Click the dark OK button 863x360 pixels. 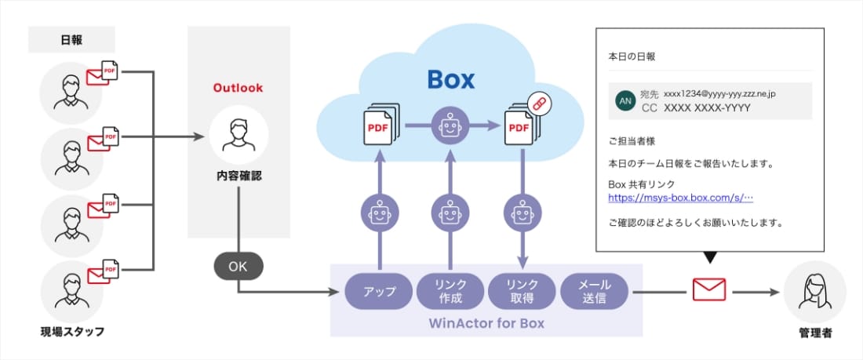click(238, 267)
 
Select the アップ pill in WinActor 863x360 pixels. click(380, 291)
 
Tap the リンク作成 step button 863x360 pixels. click(451, 291)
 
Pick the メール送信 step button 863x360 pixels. click(595, 291)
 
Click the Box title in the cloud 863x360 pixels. click(451, 78)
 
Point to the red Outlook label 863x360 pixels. click(239, 88)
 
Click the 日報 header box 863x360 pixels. click(71, 39)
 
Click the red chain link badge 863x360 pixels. click(538, 103)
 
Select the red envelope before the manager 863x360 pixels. click(709, 290)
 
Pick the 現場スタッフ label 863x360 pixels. click(72, 332)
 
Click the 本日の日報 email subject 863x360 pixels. click(632, 56)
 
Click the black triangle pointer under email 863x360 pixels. click(710, 257)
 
